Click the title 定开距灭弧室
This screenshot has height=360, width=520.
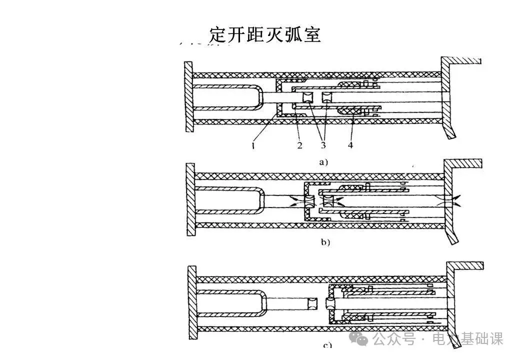pos(264,34)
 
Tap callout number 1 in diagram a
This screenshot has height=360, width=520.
pos(254,146)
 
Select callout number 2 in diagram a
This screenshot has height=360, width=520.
pos(299,146)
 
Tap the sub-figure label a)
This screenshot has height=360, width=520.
pos(323,162)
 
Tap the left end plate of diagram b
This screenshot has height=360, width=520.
pos(190,199)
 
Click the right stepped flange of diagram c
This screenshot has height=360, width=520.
pos(451,300)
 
